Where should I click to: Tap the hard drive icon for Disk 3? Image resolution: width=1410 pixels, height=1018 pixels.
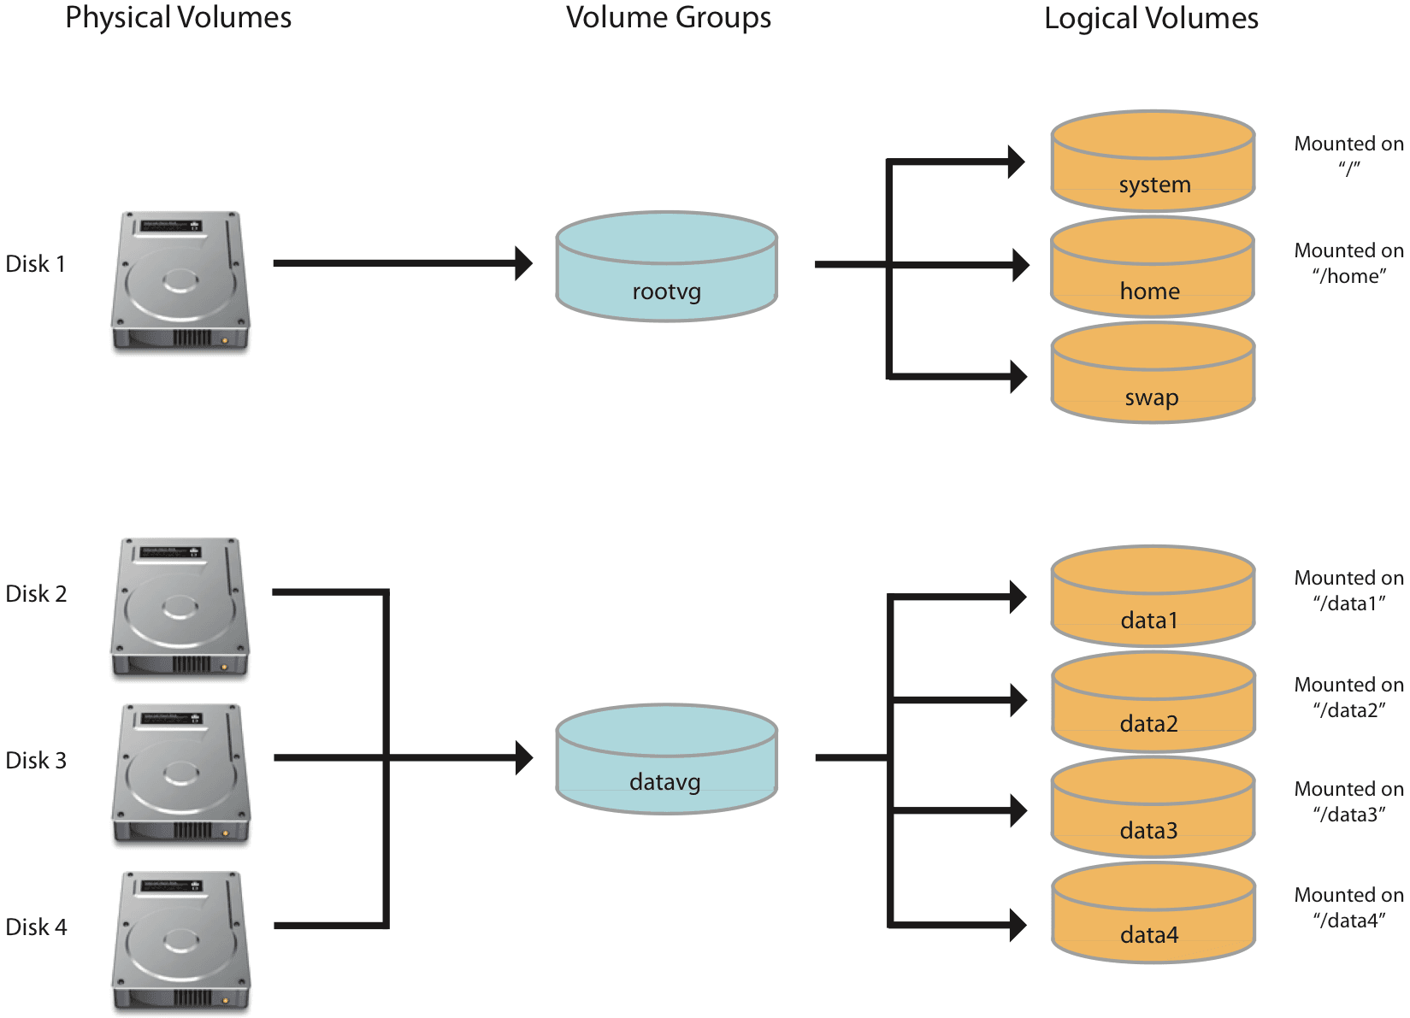point(180,774)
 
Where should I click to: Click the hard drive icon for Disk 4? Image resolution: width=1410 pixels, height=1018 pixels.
point(180,940)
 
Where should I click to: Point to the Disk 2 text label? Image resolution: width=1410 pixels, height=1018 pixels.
point(36,593)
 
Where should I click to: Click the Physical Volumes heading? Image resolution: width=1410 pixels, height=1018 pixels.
point(178,18)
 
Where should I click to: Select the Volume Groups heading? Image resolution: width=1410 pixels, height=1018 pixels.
point(668,18)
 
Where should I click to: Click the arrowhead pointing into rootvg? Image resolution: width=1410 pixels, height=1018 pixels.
point(523,263)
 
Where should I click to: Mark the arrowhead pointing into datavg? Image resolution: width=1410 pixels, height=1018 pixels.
point(523,757)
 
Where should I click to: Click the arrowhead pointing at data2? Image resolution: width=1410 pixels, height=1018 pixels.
point(1018,700)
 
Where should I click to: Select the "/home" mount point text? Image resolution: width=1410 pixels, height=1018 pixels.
point(1348,276)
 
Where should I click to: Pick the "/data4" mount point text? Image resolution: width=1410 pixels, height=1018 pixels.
point(1348,921)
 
